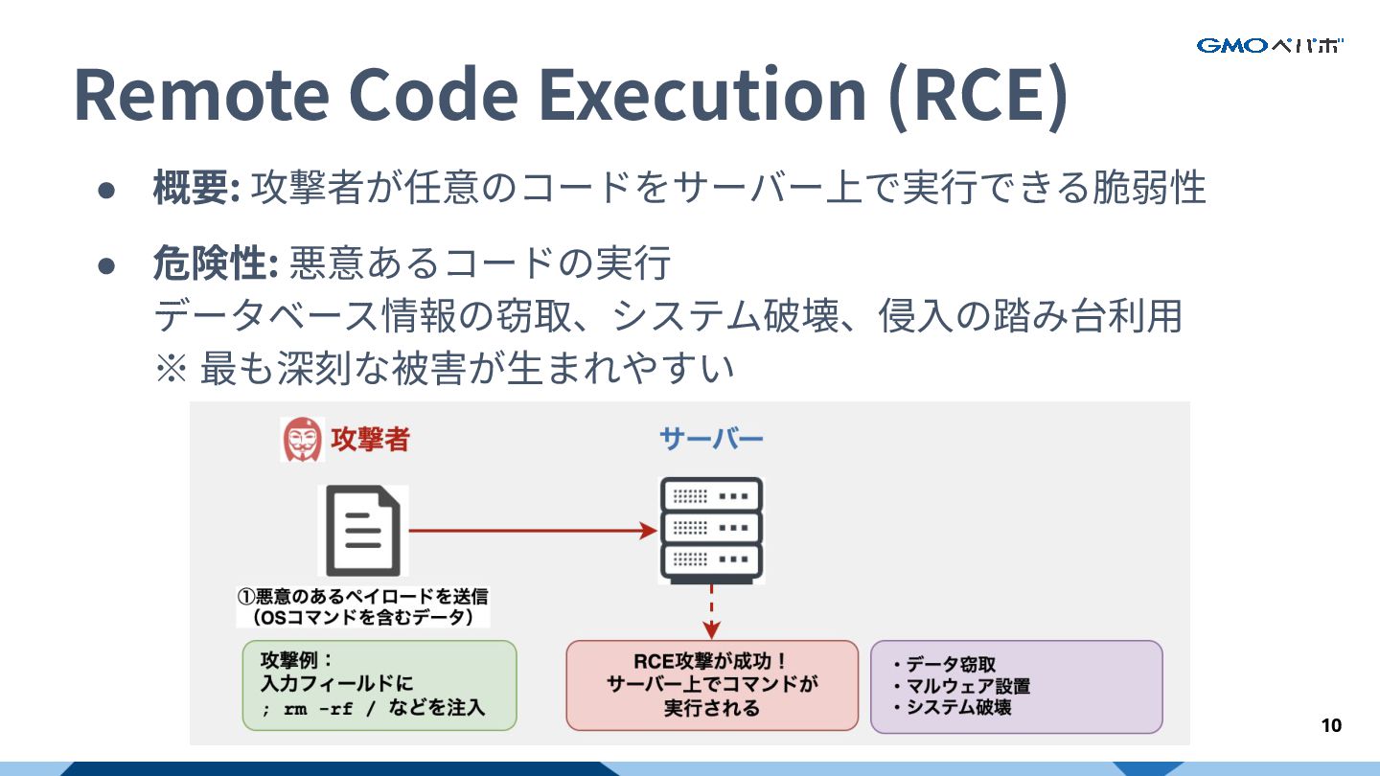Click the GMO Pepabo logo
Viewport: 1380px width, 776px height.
coord(1269,45)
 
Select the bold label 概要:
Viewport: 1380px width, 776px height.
coord(195,188)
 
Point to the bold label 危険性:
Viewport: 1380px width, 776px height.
coord(215,263)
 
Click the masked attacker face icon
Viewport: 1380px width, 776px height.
coord(302,440)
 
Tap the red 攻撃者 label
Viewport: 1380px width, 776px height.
coord(370,440)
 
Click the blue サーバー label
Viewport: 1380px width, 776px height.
coord(711,440)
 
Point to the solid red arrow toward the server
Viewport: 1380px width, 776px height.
coord(533,529)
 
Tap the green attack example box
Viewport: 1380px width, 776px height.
coord(379,685)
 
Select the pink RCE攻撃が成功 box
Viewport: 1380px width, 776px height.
coord(712,685)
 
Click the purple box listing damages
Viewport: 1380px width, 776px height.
coord(1016,686)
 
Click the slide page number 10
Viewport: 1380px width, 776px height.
coord(1331,725)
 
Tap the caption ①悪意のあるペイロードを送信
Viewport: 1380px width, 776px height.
coord(363,596)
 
